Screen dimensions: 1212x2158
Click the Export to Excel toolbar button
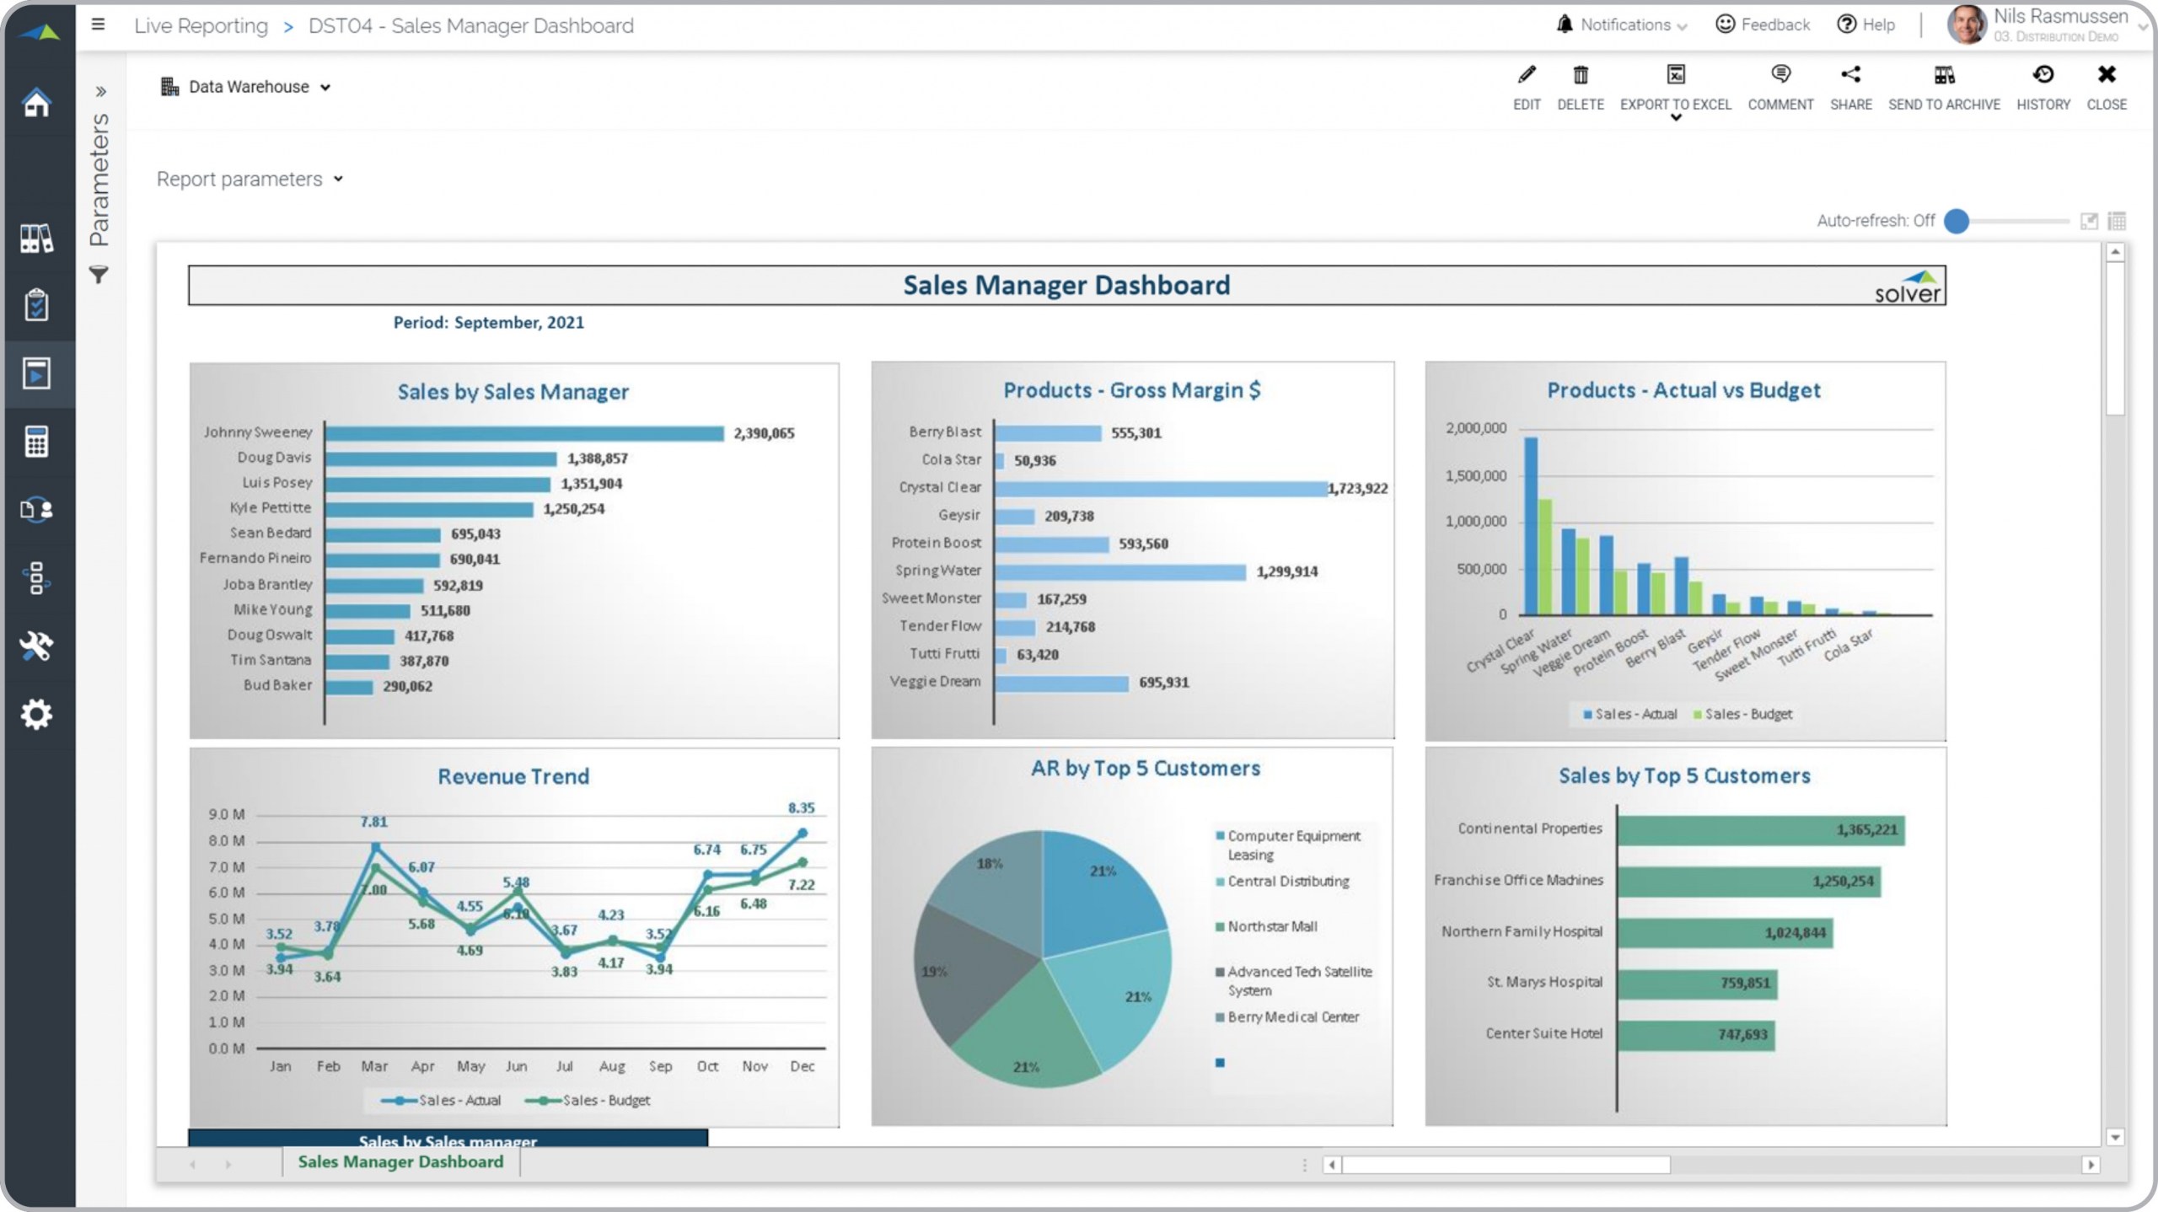(1675, 87)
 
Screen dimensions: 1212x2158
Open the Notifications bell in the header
(1565, 24)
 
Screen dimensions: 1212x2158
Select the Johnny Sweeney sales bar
(523, 433)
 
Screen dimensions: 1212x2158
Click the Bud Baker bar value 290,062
(407, 686)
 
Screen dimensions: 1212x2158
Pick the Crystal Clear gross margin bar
(1160, 488)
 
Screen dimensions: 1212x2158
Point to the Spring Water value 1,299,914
(1286, 571)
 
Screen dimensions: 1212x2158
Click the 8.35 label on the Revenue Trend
(801, 807)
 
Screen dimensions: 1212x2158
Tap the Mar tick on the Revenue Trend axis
(374, 1066)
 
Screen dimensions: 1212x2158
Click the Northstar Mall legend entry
(1271, 926)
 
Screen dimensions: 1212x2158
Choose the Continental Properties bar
(1759, 830)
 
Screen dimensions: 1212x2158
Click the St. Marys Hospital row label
(1544, 982)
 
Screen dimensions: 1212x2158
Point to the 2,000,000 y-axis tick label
(1475, 428)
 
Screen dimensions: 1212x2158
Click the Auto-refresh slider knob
(1956, 221)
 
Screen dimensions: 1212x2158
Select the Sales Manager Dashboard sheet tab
(400, 1161)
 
